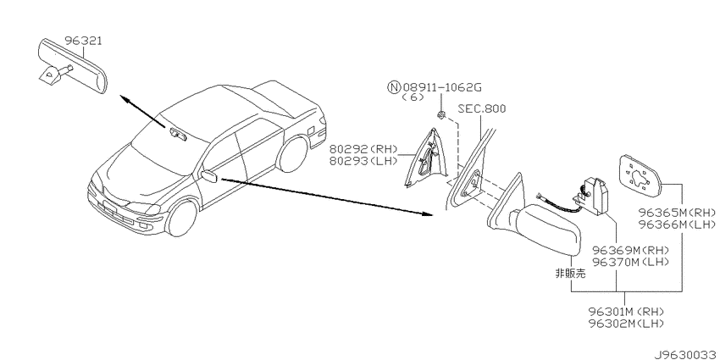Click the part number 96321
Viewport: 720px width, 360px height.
point(83,42)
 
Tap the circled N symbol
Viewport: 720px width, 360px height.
point(394,87)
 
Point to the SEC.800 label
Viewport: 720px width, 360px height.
point(482,108)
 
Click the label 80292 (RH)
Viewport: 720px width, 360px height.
point(363,149)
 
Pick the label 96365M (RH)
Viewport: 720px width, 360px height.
point(678,213)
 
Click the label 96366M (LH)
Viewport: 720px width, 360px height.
point(678,224)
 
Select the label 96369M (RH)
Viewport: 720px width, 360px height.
point(630,251)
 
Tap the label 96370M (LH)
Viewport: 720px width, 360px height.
point(630,263)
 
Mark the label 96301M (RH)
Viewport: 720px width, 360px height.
point(626,313)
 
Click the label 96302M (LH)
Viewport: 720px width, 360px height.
point(626,324)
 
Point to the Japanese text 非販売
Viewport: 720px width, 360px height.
point(570,274)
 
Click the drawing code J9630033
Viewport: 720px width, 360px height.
point(686,355)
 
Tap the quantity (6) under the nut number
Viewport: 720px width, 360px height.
point(412,97)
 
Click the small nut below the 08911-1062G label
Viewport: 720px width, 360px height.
point(440,115)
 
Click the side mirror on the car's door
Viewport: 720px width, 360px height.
point(209,176)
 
